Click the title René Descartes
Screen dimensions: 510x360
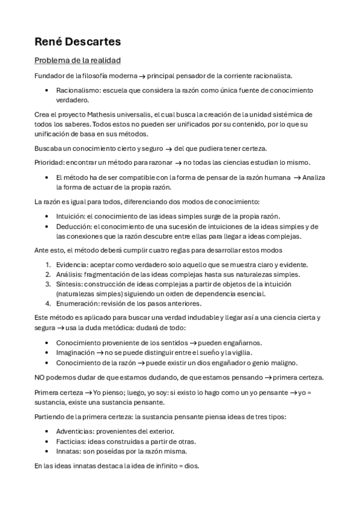coord(78,42)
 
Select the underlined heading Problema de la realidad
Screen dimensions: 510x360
coord(78,60)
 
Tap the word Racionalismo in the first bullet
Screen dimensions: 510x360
coord(77,90)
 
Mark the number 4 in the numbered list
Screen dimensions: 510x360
coord(48,303)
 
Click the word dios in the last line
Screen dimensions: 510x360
coord(192,465)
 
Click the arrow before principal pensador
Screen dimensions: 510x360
coord(142,75)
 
